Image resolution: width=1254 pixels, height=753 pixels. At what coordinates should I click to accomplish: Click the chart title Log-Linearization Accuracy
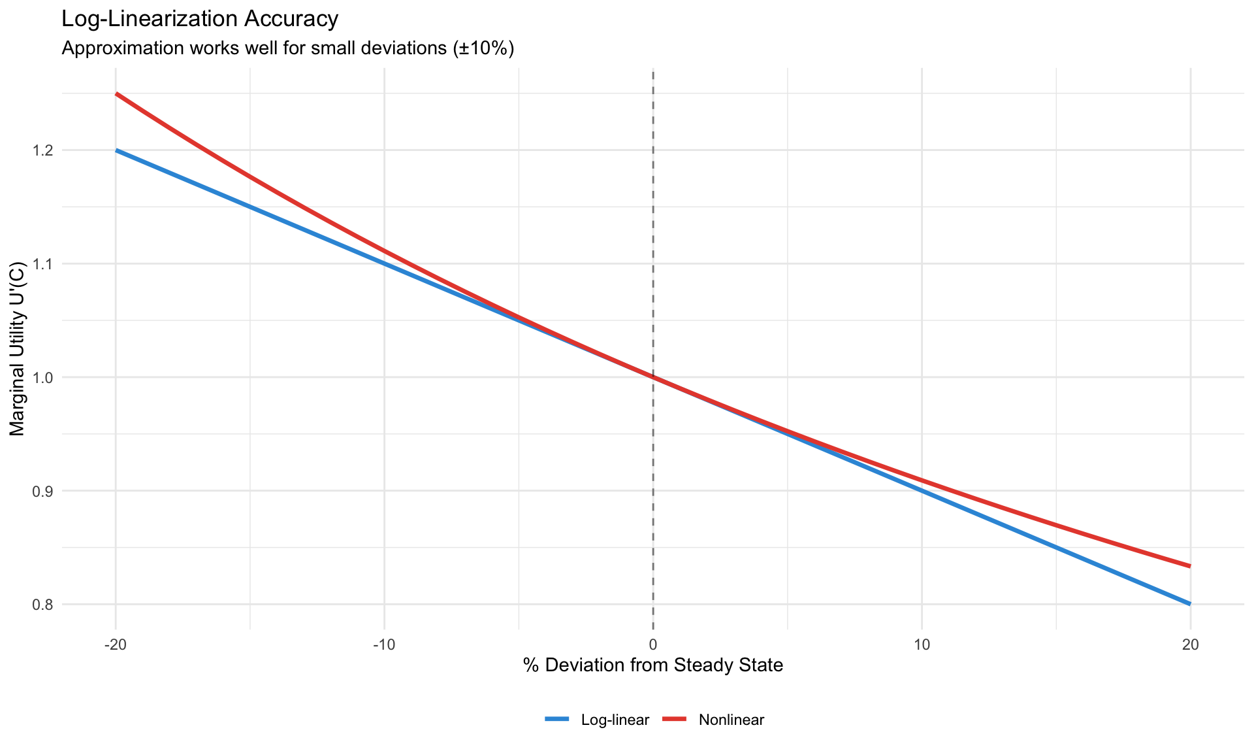pos(200,19)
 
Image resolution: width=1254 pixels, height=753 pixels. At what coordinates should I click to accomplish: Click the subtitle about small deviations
pos(287,49)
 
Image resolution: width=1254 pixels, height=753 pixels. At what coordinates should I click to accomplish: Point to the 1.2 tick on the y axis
pos(44,150)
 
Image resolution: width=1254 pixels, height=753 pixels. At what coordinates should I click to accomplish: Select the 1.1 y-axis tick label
pos(44,264)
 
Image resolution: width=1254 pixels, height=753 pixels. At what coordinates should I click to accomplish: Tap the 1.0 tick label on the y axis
pos(44,378)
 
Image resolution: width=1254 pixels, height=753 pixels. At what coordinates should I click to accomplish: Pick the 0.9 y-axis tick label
pos(44,491)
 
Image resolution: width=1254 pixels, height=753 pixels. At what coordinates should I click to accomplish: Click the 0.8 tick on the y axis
pos(44,605)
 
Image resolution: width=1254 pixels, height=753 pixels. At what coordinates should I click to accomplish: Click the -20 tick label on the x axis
pos(116,644)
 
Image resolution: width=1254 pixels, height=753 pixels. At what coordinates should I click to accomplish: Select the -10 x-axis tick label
pos(384,644)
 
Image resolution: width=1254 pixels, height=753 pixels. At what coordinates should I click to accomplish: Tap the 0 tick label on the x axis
pos(653,644)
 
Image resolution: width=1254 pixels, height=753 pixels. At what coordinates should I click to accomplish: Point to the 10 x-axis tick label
pos(922,644)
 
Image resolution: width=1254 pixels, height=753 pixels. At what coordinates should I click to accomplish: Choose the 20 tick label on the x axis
pos(1190,644)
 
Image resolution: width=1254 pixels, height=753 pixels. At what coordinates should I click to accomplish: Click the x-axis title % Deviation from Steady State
pos(653,665)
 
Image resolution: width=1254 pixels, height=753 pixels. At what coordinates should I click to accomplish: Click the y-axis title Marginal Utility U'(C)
pos(18,349)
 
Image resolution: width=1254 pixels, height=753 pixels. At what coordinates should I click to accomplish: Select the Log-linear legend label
pos(615,720)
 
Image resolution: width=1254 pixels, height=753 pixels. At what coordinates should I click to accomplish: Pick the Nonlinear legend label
pos(731,720)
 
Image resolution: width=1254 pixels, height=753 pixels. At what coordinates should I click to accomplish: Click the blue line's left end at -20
pos(116,150)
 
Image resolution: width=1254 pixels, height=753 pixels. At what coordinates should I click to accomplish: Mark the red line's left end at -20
pos(116,93)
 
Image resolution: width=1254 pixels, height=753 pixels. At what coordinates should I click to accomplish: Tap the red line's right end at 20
pos(1190,566)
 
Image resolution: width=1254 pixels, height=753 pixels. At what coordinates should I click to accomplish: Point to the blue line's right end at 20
pos(1190,604)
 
